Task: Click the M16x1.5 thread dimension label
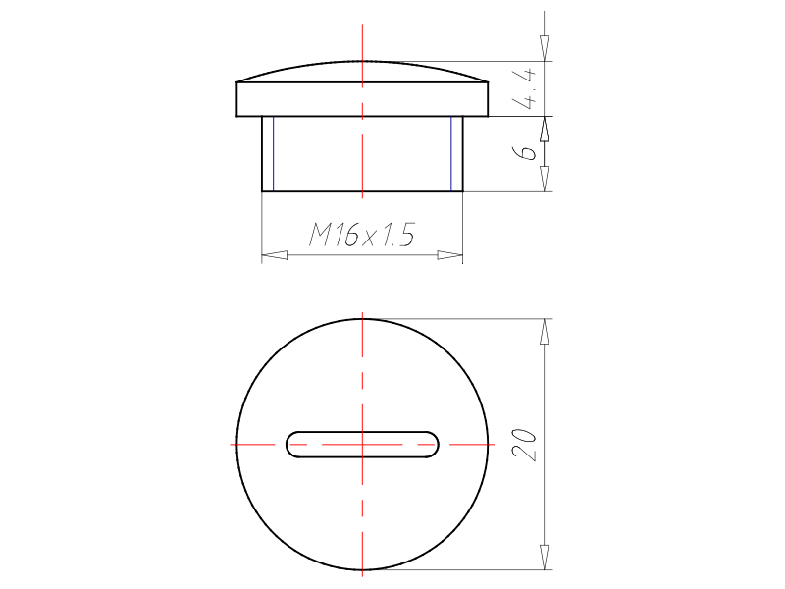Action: [362, 235]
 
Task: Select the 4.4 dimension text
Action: [525, 89]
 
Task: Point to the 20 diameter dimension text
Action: [525, 445]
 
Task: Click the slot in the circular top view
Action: [362, 445]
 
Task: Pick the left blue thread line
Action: [274, 154]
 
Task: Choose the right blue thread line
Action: [451, 154]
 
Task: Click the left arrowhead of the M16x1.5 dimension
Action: [275, 255]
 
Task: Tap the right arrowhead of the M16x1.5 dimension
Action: [450, 255]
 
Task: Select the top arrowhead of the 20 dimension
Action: [545, 331]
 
